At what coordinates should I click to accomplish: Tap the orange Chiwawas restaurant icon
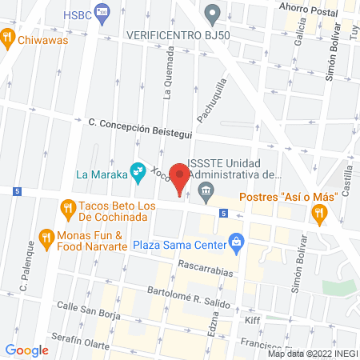click(x=7, y=37)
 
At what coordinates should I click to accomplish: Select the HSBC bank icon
click(x=101, y=11)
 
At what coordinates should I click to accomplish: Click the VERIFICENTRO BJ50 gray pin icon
click(x=212, y=13)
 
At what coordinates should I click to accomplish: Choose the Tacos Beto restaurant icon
click(x=67, y=211)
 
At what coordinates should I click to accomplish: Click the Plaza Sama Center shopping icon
click(x=236, y=241)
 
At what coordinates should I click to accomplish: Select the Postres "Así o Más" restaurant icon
click(x=320, y=212)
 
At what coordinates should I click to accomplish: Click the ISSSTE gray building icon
click(x=206, y=190)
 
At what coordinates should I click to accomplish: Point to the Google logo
click(x=26, y=350)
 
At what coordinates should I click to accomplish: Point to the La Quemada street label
click(x=168, y=71)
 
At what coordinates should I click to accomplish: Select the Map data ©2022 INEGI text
click(x=311, y=354)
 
